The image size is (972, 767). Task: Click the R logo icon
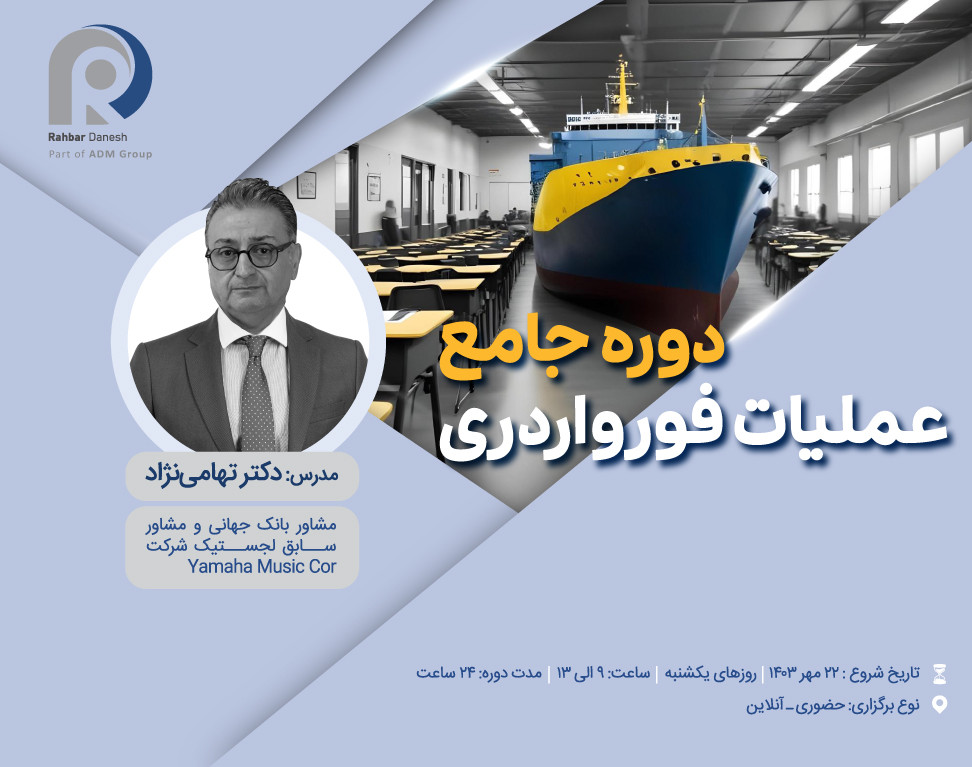99,73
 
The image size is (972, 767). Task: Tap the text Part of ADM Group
100,154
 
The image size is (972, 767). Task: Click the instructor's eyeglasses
249,254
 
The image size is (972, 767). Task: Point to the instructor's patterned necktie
254,390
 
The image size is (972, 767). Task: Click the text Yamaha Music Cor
262,568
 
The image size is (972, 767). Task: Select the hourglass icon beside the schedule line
938,672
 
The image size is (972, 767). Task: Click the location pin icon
938,705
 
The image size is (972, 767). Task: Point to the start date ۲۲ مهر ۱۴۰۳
801,672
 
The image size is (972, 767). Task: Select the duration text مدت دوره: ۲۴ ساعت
479,672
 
